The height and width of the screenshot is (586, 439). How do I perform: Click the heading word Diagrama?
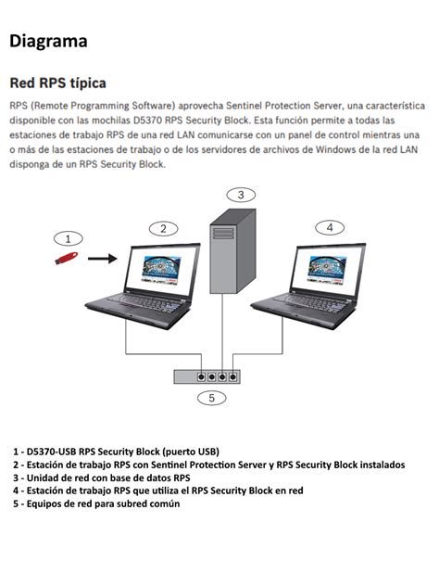(x=48, y=41)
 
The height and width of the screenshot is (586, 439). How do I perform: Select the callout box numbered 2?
(x=163, y=228)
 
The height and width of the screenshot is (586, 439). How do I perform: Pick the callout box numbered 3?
(x=240, y=195)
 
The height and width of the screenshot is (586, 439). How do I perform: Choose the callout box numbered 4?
(x=328, y=227)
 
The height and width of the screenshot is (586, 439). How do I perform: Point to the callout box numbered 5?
(x=211, y=398)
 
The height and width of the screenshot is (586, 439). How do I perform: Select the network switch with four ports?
(x=207, y=376)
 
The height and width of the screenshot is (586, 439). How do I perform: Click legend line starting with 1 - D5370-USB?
(x=116, y=452)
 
